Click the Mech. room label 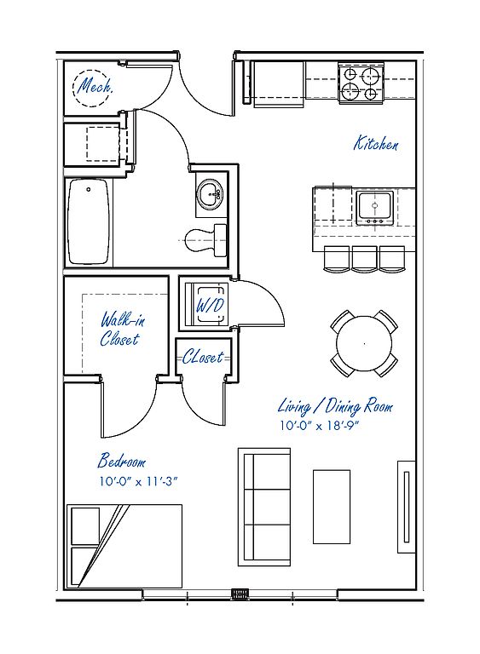click(x=95, y=86)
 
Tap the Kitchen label click(x=376, y=143)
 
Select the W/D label click(x=210, y=306)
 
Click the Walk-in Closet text click(x=122, y=329)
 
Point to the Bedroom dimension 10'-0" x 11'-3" click(x=138, y=481)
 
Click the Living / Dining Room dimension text click(x=320, y=426)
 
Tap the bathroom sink click(x=211, y=194)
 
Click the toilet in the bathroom click(x=205, y=240)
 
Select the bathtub click(x=88, y=221)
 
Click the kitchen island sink click(x=375, y=208)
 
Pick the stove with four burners click(x=361, y=83)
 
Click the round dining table click(x=364, y=344)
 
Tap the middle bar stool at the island click(x=365, y=259)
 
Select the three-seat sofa click(x=264, y=508)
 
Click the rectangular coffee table click(x=332, y=507)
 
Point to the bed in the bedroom click(x=124, y=546)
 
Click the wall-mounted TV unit click(x=407, y=507)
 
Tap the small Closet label click(x=203, y=358)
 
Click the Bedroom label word click(x=122, y=462)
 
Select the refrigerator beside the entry click(x=279, y=83)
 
